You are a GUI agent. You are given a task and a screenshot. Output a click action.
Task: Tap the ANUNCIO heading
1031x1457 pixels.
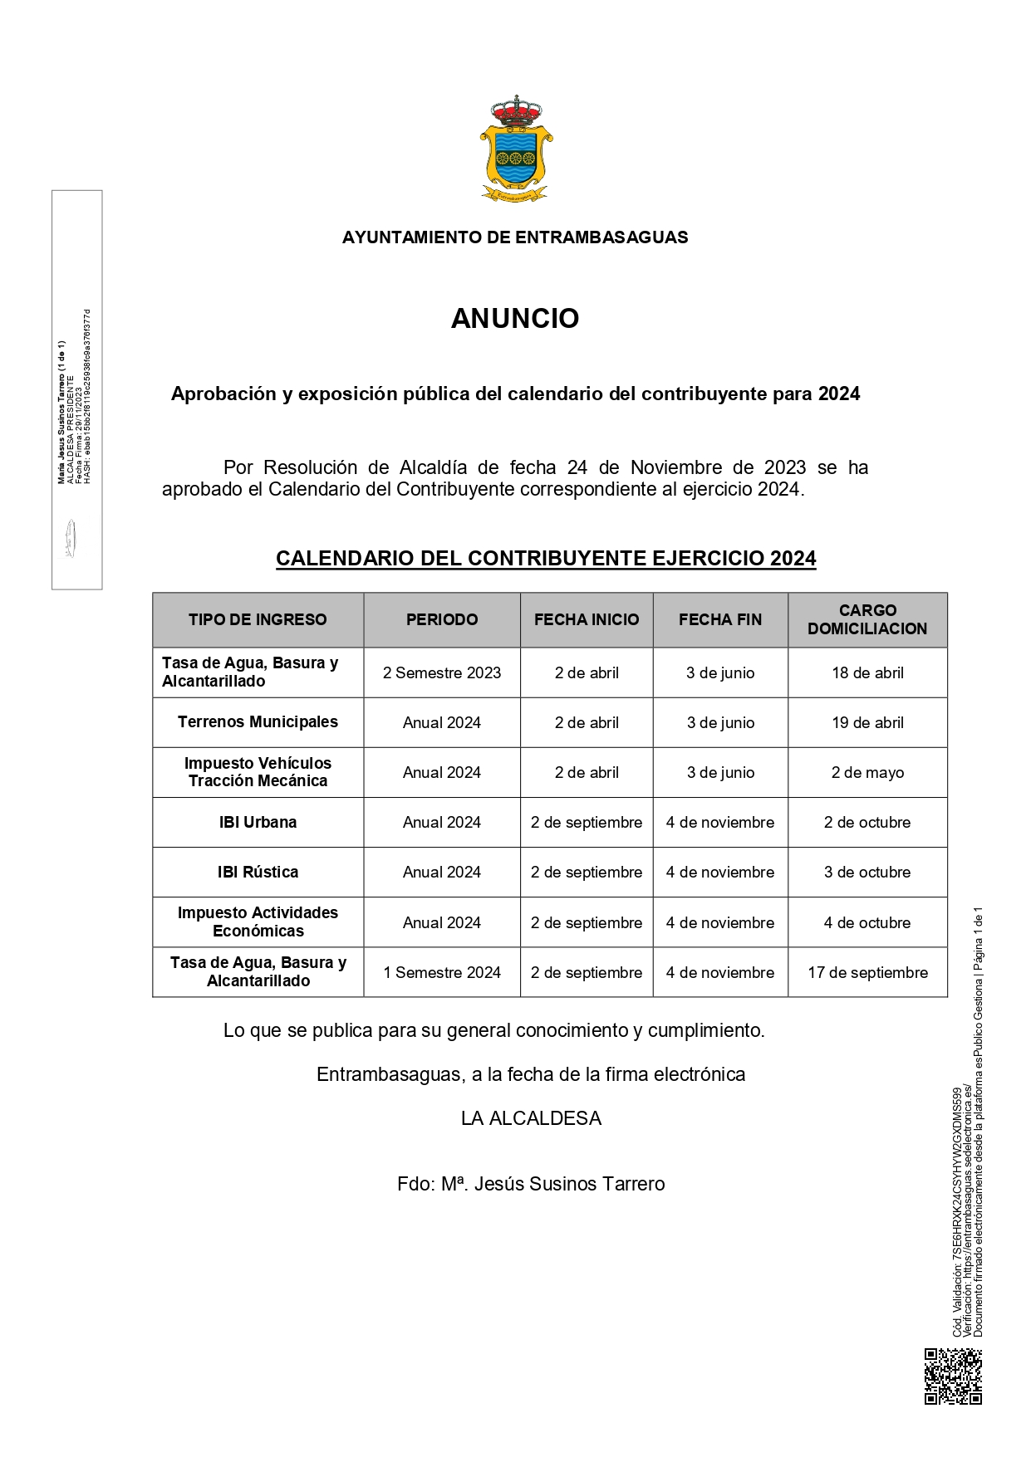(515, 319)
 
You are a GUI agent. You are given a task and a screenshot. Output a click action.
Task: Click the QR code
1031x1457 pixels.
(953, 1376)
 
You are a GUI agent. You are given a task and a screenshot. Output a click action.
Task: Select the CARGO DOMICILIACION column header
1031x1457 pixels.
(867, 619)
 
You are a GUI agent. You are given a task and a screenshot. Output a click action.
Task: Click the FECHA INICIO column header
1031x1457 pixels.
(587, 619)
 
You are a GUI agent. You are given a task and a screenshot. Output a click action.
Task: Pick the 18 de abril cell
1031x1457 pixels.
(867, 673)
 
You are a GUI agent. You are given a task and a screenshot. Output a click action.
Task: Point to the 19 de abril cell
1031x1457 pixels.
(867, 723)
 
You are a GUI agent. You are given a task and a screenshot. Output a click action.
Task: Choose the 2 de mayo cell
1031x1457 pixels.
(867, 773)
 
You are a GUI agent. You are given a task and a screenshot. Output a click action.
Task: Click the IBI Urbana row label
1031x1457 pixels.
(258, 823)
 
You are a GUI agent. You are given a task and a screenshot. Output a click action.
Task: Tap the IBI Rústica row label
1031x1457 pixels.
(258, 873)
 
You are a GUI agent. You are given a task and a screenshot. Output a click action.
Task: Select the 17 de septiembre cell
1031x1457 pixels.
(867, 973)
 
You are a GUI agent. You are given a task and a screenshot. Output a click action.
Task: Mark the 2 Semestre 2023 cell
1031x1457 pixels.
(442, 673)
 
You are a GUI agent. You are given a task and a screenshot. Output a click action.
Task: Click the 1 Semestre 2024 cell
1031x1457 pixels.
(442, 973)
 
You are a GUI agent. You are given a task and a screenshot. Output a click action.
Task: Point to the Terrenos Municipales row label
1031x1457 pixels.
(258, 722)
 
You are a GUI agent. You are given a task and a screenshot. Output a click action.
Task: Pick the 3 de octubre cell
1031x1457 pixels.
(867, 873)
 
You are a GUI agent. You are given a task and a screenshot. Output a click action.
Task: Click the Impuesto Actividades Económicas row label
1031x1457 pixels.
(258, 922)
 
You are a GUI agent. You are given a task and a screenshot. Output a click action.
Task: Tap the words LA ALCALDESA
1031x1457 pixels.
(531, 1119)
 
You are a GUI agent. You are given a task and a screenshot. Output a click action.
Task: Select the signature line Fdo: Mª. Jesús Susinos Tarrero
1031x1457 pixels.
(531, 1185)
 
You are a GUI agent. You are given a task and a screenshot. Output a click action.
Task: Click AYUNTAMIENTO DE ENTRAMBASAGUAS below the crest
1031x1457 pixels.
(515, 237)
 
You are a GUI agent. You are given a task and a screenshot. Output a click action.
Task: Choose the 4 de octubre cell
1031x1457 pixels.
(867, 923)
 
